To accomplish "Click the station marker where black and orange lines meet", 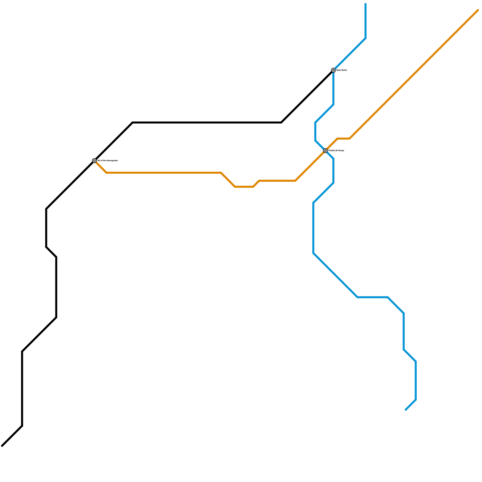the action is [94, 161].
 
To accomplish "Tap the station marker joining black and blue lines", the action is [333, 70].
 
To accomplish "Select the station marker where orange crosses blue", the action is [325, 150].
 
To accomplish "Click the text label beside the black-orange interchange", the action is [108, 161].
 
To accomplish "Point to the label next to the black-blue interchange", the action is [342, 70].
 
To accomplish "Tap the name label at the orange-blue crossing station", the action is [336, 150].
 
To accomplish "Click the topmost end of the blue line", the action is [365, 4].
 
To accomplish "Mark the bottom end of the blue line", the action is [406, 410].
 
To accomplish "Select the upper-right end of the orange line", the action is [478, 10].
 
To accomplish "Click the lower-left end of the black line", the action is [2, 446].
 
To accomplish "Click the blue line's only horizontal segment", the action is [373, 297].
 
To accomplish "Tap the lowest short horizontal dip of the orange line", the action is [244, 187].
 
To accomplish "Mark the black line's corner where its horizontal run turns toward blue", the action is [281, 123].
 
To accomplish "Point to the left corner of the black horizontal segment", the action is [133, 123].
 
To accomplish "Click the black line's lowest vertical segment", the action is [22, 389].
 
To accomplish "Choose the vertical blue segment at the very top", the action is [365, 21].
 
